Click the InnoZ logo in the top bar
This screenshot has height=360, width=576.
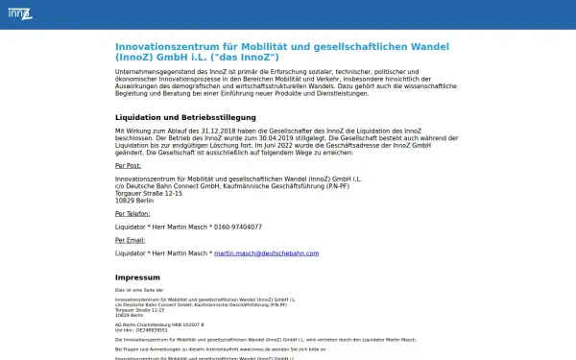pos(19,13)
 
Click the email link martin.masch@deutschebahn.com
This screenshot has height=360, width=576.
pos(266,253)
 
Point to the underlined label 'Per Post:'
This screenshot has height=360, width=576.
pos(129,165)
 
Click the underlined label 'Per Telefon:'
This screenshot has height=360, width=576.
pos(132,214)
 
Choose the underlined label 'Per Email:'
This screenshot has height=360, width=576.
pos(131,240)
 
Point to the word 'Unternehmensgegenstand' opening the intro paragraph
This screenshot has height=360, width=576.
pos(154,71)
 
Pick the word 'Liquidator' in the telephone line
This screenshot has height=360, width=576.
pos(132,227)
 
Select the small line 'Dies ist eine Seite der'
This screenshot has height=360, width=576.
pos(139,289)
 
